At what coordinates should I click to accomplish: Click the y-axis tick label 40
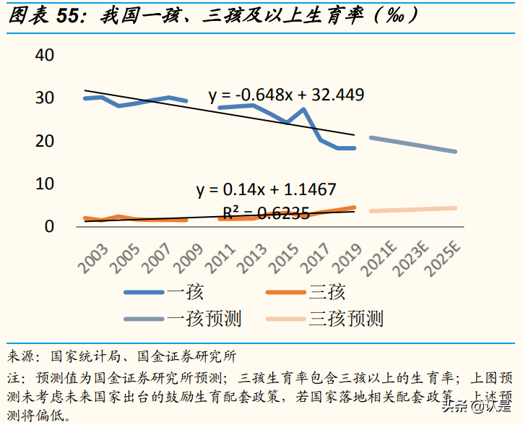45,55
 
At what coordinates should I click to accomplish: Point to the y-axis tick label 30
45,98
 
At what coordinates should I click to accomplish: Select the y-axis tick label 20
45,141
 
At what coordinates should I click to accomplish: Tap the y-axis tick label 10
45,184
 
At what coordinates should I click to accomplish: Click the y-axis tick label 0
49,226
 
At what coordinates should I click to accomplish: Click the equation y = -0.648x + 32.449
286,95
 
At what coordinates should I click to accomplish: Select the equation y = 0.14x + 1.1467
266,190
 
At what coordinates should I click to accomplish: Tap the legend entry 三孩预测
346,319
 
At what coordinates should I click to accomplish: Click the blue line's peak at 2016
303,109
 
